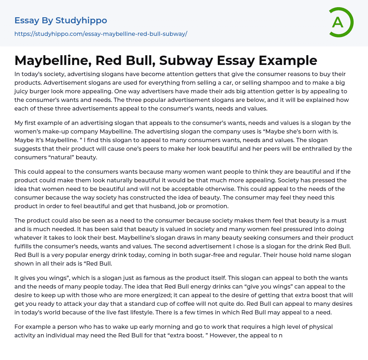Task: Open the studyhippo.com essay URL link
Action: point(101,34)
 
